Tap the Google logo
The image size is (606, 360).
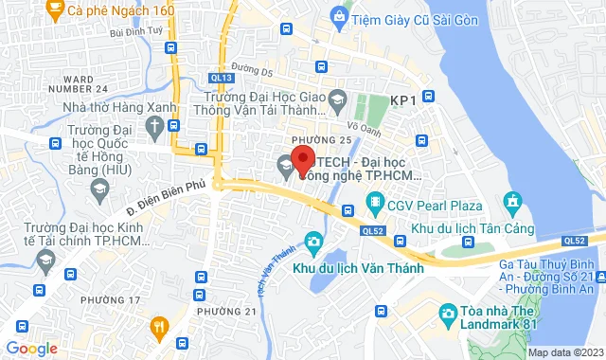click(x=31, y=348)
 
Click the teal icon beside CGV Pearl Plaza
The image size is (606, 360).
click(x=375, y=204)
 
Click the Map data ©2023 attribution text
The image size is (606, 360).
click(x=565, y=351)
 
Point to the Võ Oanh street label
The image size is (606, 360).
click(x=364, y=124)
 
